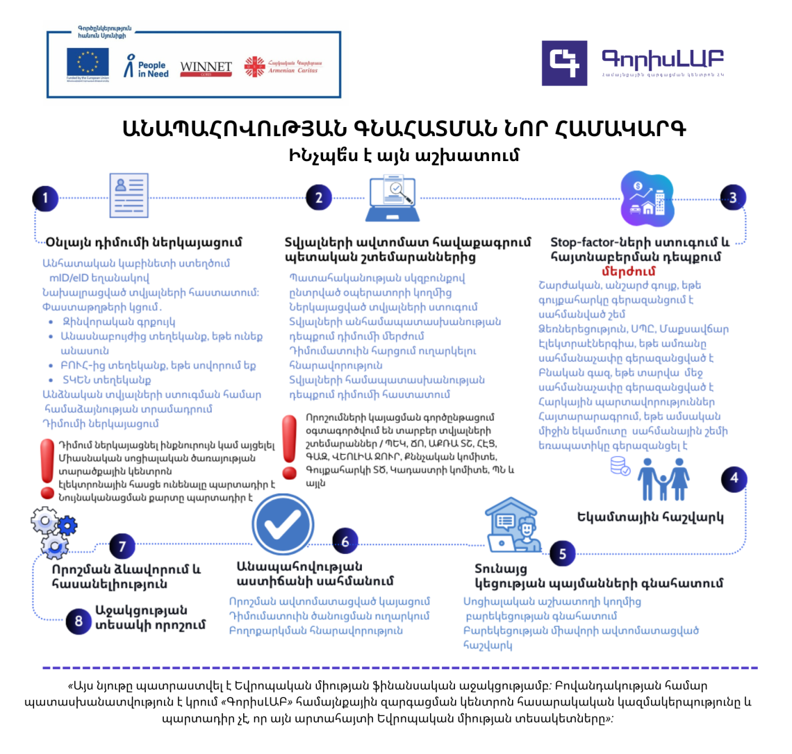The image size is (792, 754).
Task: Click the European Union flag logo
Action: (x=88, y=65)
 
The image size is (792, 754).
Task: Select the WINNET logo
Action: (x=206, y=67)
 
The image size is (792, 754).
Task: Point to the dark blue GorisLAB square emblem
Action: (x=564, y=63)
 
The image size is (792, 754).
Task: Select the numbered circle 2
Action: (x=318, y=198)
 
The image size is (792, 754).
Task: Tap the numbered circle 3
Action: (x=732, y=198)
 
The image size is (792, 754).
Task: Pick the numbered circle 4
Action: (x=734, y=478)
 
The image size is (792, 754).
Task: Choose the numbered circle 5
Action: (x=562, y=553)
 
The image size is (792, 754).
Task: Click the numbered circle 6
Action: (x=345, y=542)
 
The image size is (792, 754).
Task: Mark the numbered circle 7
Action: (x=122, y=546)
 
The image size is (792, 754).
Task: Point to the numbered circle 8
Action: (x=79, y=621)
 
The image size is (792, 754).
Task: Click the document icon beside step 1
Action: (x=129, y=195)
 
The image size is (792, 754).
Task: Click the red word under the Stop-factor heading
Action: (x=628, y=271)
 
